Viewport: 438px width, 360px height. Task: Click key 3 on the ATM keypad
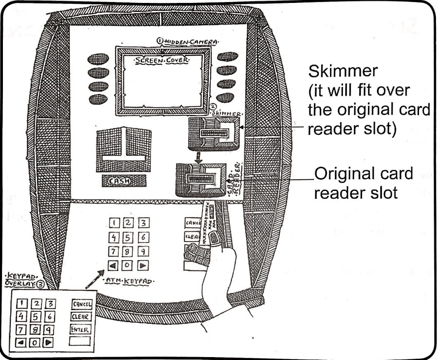coord(143,223)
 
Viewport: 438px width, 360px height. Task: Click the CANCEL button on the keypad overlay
coord(81,304)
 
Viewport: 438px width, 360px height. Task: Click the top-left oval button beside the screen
coord(98,59)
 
